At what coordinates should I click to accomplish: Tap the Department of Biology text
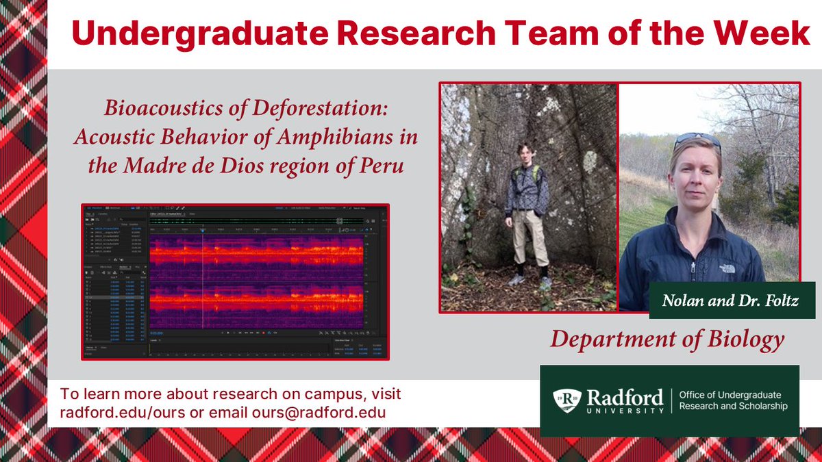(667, 339)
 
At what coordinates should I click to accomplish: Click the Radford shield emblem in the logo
(567, 400)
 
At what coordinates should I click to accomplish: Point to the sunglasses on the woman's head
(697, 140)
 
